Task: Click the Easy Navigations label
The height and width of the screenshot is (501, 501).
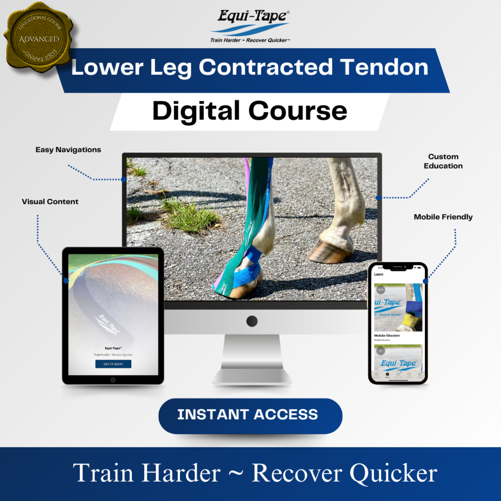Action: (x=68, y=150)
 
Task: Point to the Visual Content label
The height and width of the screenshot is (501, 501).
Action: (x=50, y=202)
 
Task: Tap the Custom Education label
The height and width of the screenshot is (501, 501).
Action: (x=443, y=161)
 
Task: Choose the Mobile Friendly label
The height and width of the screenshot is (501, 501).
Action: (x=443, y=217)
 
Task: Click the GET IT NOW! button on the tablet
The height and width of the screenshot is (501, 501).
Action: (x=113, y=364)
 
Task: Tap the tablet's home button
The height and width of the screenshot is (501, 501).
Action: (x=113, y=380)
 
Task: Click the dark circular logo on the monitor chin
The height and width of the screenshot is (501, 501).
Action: (x=252, y=321)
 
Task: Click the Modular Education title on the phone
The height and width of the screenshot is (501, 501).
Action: (x=387, y=336)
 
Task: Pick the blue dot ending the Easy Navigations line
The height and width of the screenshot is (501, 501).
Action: (x=124, y=180)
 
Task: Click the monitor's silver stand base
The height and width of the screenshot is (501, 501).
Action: (x=252, y=376)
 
